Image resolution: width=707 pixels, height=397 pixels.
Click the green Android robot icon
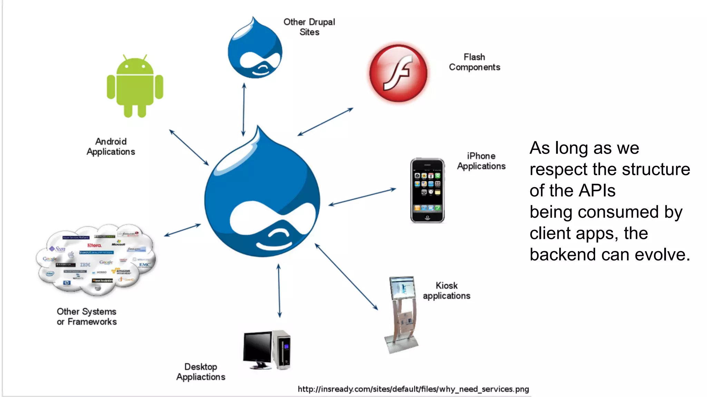(135, 86)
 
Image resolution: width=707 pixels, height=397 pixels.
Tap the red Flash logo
(398, 73)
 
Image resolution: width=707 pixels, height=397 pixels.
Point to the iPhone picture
(427, 190)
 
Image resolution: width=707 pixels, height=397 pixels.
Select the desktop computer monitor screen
(258, 346)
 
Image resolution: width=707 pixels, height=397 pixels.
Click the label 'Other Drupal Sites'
(309, 27)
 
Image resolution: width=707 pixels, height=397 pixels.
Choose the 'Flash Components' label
(474, 62)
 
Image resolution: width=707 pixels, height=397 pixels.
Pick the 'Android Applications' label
(111, 146)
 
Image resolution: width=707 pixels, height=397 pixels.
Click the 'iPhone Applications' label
(481, 161)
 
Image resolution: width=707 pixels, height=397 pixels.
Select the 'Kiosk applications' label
(446, 291)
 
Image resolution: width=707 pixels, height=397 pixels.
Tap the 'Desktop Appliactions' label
(201, 372)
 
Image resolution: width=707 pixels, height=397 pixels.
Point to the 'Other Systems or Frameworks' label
(87, 316)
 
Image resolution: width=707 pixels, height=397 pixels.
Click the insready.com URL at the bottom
(413, 389)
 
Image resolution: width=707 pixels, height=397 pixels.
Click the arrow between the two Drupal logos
(244, 110)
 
